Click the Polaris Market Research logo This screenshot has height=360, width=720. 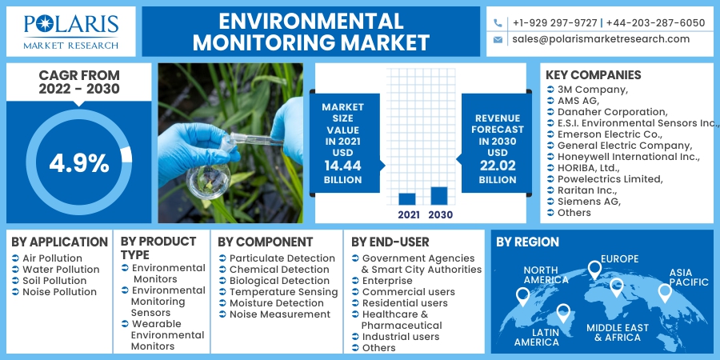pyautogui.click(x=71, y=31)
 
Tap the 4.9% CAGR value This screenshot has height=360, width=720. pyautogui.click(x=79, y=163)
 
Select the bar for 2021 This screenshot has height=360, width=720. pyautogui.click(x=407, y=199)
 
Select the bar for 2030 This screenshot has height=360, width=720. pyautogui.click(x=439, y=196)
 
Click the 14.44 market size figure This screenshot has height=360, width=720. pyautogui.click(x=342, y=166)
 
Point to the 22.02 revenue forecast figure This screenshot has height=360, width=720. pyautogui.click(x=498, y=166)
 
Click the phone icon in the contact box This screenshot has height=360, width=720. pyautogui.click(x=498, y=23)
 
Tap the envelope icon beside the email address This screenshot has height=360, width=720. pyautogui.click(x=498, y=40)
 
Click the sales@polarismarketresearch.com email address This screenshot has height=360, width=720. pyautogui.click(x=601, y=39)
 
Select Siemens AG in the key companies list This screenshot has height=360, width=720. pyautogui.click(x=589, y=202)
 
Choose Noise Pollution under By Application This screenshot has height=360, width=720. pyautogui.click(x=60, y=292)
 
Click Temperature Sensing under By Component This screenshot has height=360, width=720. pyautogui.click(x=284, y=292)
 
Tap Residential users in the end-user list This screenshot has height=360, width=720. pyautogui.click(x=405, y=303)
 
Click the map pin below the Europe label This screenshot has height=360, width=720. pyautogui.click(x=594, y=270)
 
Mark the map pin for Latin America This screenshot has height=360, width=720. pyautogui.click(x=563, y=313)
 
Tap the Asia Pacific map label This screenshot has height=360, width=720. pyautogui.click(x=688, y=278)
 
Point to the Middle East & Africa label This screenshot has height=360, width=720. pyautogui.click(x=618, y=333)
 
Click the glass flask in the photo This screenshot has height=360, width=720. pyautogui.click(x=208, y=181)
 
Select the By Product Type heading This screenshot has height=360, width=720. pyautogui.click(x=158, y=248)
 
